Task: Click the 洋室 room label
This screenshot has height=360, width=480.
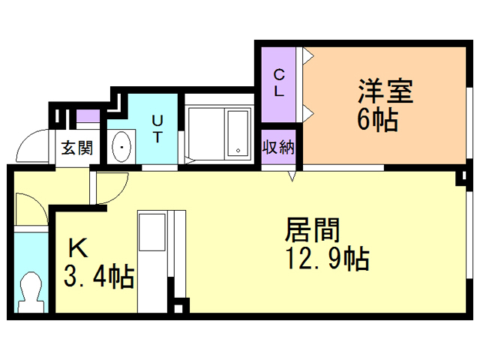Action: point(385,93)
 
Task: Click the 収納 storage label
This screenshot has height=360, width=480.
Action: point(277,147)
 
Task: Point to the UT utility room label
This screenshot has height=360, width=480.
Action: point(157,128)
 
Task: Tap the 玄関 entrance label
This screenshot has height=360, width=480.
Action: point(76,148)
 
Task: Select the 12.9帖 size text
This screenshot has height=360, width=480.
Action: point(325,259)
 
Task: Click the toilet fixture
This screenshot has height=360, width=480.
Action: point(31,290)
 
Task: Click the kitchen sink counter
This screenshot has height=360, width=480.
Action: point(154,255)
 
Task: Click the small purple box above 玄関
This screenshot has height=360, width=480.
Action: point(88,116)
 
